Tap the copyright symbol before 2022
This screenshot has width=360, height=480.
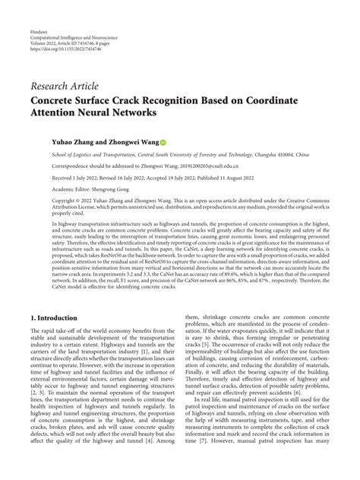[x=33, y=201]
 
